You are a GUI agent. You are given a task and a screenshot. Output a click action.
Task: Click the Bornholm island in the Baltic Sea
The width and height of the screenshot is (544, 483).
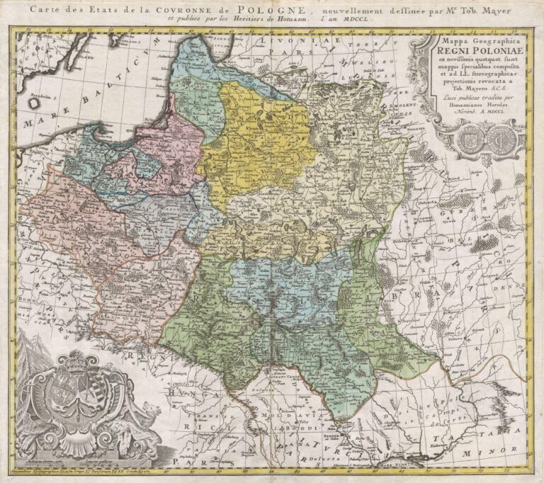pyautogui.click(x=34, y=101)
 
